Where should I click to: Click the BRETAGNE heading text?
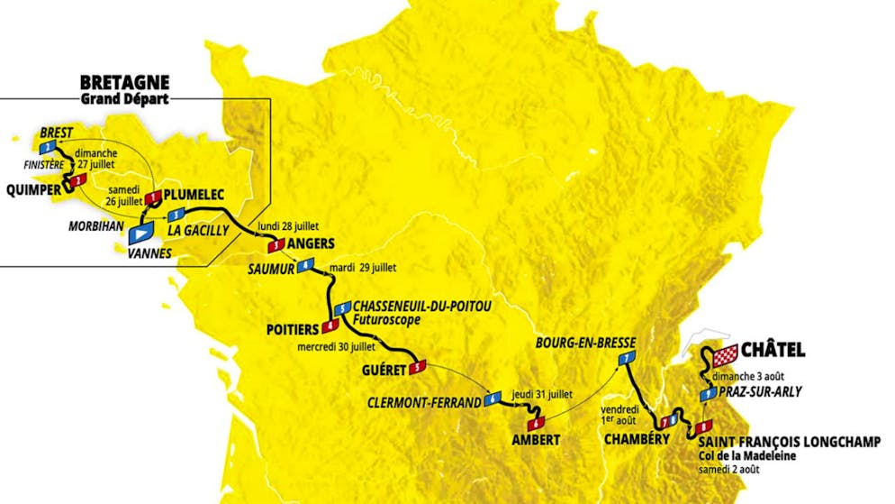123,80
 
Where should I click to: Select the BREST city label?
56,133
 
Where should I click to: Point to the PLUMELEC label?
194,193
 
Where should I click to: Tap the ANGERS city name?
312,243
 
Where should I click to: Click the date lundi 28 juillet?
288,225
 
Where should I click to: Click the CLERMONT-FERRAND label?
425,402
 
